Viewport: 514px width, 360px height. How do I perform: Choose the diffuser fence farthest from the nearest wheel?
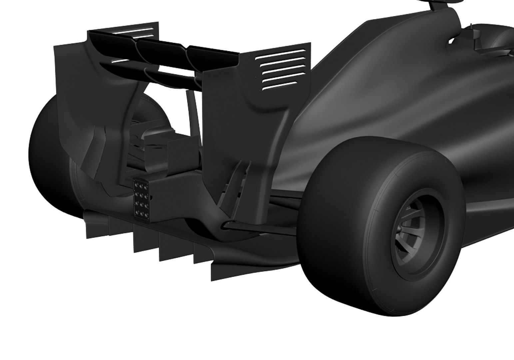click(97, 227)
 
